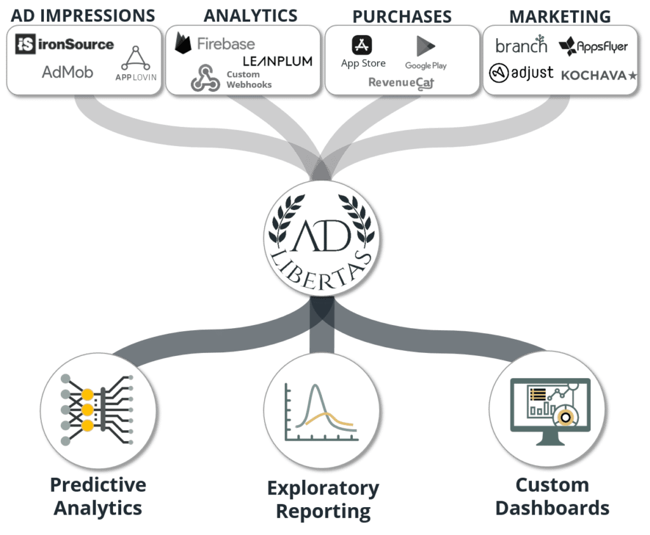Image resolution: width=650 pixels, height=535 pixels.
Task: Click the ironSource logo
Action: click(64, 44)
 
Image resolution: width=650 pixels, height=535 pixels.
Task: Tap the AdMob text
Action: click(67, 72)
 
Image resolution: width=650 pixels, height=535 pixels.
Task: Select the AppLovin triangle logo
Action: click(136, 58)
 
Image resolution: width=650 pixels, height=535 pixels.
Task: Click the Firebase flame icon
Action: click(182, 43)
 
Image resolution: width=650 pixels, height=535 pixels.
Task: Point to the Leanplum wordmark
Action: click(277, 62)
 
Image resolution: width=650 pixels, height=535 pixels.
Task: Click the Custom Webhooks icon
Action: click(205, 77)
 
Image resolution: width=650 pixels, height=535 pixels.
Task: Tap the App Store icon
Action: click(362, 45)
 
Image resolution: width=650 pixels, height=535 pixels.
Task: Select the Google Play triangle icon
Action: click(425, 46)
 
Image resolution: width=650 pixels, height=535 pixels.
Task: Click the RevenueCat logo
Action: click(401, 83)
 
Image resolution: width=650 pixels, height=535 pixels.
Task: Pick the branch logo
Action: click(522, 45)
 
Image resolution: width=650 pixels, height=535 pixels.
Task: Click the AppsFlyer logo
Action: click(593, 46)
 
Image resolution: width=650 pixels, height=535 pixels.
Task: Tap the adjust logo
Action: click(521, 73)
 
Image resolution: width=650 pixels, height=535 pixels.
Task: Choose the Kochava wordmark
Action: click(599, 76)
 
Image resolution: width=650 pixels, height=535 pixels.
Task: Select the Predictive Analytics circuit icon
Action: click(97, 409)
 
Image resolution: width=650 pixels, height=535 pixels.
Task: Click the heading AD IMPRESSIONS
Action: click(83, 16)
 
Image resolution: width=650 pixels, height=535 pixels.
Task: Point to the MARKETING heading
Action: click(560, 17)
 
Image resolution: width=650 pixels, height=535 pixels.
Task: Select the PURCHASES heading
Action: click(402, 17)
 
